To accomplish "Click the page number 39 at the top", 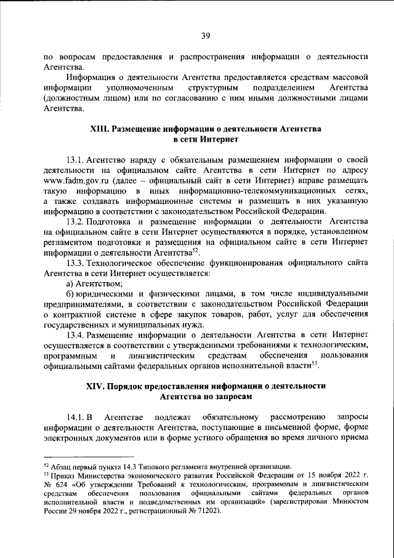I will tap(197, 18).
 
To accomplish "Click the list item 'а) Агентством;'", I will tap(95, 283).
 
